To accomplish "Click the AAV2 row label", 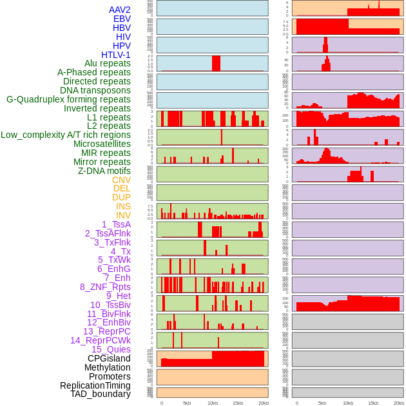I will [x=120, y=10].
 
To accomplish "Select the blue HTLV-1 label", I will [x=116, y=55].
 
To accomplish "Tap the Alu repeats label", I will [x=108, y=63].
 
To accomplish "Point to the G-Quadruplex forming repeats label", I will [x=68, y=99].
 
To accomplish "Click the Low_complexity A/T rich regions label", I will [x=66, y=135].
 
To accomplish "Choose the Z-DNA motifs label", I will [x=104, y=171].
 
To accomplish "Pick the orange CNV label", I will [x=121, y=180].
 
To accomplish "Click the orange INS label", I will [x=123, y=206].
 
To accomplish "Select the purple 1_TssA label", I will [x=116, y=224].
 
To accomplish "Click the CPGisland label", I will [x=109, y=358].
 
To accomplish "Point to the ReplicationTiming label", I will [x=95, y=385].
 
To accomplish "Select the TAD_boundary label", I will [x=101, y=394].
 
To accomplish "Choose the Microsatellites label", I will [x=102, y=144].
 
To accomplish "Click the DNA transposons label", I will [x=95, y=90].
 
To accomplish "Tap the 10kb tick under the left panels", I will [x=212, y=403].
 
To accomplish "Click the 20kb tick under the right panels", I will [x=399, y=403].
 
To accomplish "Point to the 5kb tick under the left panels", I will [x=187, y=403].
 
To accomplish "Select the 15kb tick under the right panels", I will [x=373, y=403].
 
